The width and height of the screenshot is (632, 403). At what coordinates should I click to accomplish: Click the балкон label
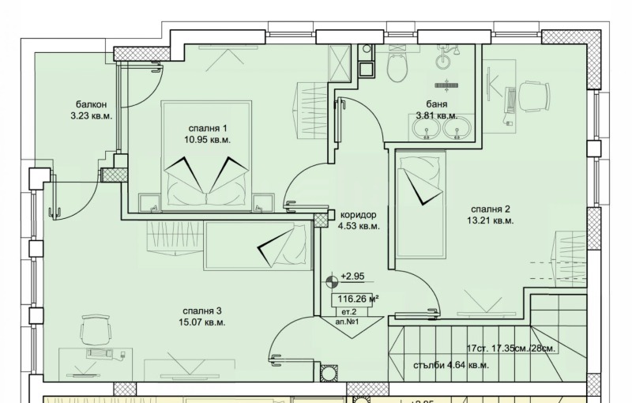pos(91,105)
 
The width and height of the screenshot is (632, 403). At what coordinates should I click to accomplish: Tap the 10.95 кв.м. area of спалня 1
pos(208,140)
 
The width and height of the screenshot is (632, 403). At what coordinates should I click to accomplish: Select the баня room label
pos(437,104)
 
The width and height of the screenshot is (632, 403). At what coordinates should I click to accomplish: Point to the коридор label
pos(359,215)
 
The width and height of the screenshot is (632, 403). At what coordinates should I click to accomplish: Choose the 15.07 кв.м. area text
pos(202,322)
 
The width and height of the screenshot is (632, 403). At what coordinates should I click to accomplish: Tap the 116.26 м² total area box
pos(355,299)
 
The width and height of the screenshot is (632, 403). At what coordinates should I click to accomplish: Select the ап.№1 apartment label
pos(347,322)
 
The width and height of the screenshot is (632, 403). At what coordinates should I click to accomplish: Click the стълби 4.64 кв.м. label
pos(451,366)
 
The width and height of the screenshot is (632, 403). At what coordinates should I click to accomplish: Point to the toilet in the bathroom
pos(397,67)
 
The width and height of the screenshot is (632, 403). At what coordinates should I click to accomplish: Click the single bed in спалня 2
pos(421,204)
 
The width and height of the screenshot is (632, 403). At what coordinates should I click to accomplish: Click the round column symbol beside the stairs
pos(328,372)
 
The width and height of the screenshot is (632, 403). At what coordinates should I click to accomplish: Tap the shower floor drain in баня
pos(446,85)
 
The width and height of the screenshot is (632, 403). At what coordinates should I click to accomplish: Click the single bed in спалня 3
pos(258,246)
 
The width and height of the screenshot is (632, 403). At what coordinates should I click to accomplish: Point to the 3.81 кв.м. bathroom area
pos(437,116)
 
